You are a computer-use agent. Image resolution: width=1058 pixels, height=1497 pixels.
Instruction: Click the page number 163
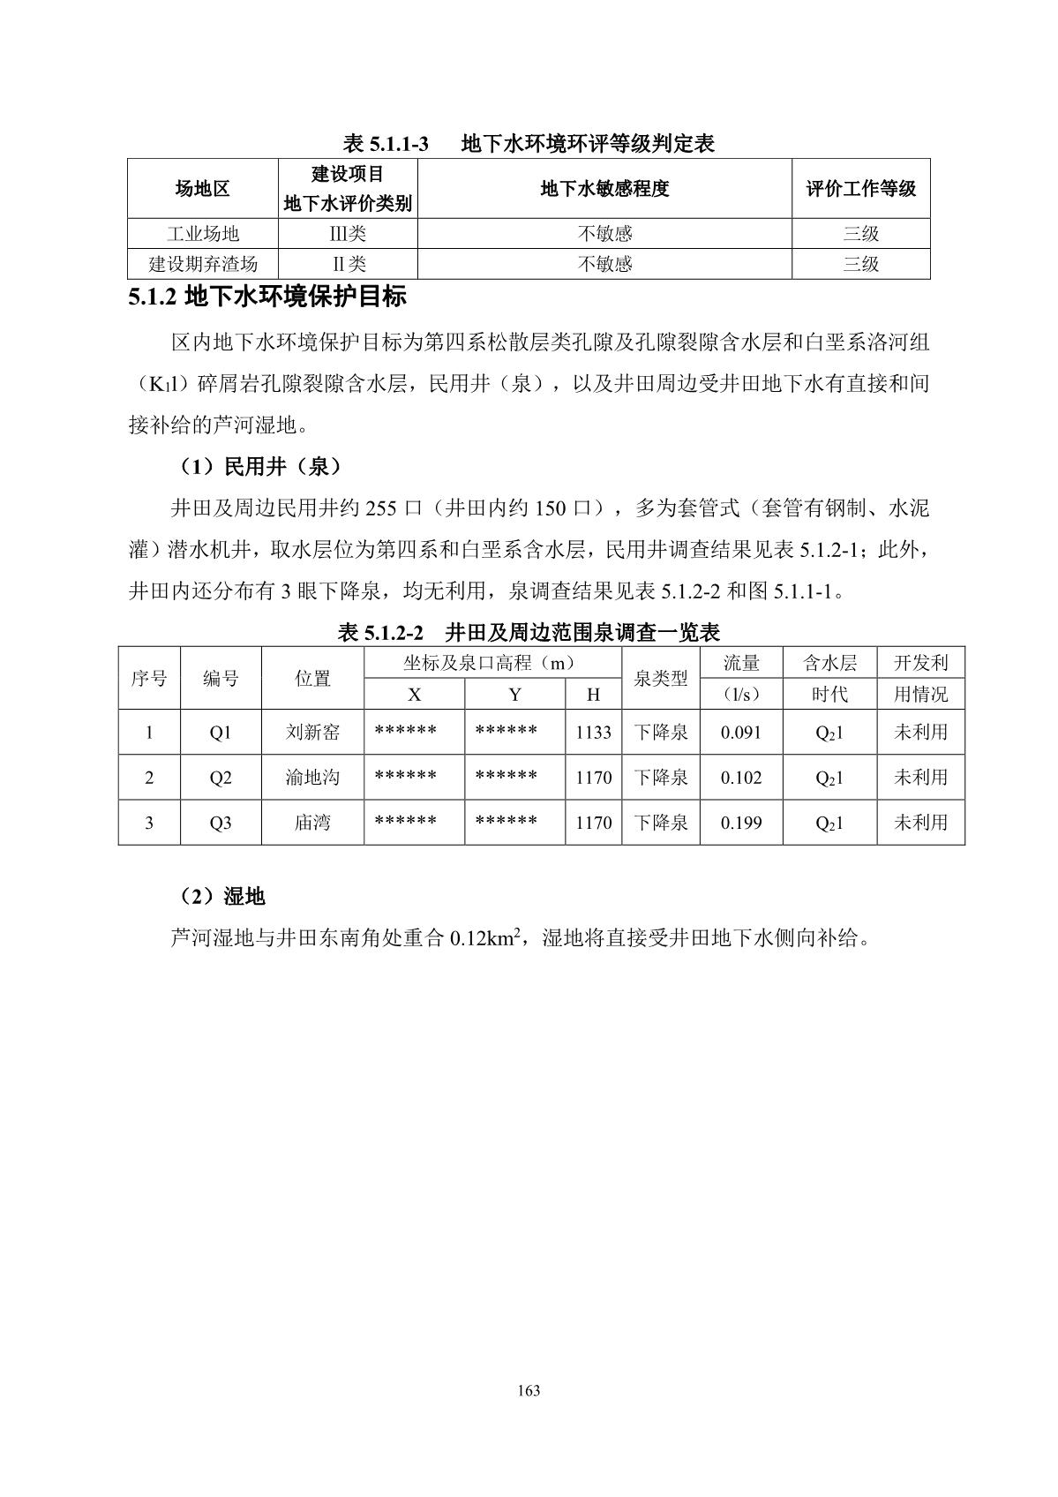(x=529, y=1391)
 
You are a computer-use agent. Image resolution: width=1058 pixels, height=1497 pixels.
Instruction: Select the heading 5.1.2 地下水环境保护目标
(x=267, y=297)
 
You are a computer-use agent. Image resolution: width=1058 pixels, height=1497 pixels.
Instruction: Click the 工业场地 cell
(x=203, y=234)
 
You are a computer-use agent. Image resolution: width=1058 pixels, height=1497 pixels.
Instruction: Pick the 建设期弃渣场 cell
(x=203, y=264)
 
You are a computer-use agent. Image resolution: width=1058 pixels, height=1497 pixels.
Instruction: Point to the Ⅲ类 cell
(x=347, y=234)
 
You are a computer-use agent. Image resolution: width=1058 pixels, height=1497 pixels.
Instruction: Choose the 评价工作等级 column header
(x=860, y=188)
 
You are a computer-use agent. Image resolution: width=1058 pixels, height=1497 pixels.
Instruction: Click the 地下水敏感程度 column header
(x=604, y=188)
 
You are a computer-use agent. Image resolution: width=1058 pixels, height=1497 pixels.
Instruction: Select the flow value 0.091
(x=741, y=733)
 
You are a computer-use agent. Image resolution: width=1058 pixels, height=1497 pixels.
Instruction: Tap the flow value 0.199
(x=741, y=823)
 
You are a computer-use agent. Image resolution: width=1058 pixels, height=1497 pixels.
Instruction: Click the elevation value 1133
(x=593, y=733)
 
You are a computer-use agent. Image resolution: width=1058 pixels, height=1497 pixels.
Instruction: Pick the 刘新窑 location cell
(x=312, y=733)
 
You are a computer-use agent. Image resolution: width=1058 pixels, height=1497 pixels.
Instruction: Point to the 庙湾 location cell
(x=312, y=823)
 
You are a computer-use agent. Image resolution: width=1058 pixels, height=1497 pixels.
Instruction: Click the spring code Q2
(x=221, y=778)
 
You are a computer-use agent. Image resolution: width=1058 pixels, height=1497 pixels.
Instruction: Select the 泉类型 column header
(x=660, y=679)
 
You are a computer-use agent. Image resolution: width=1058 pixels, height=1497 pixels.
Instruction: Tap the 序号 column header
(x=149, y=679)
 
